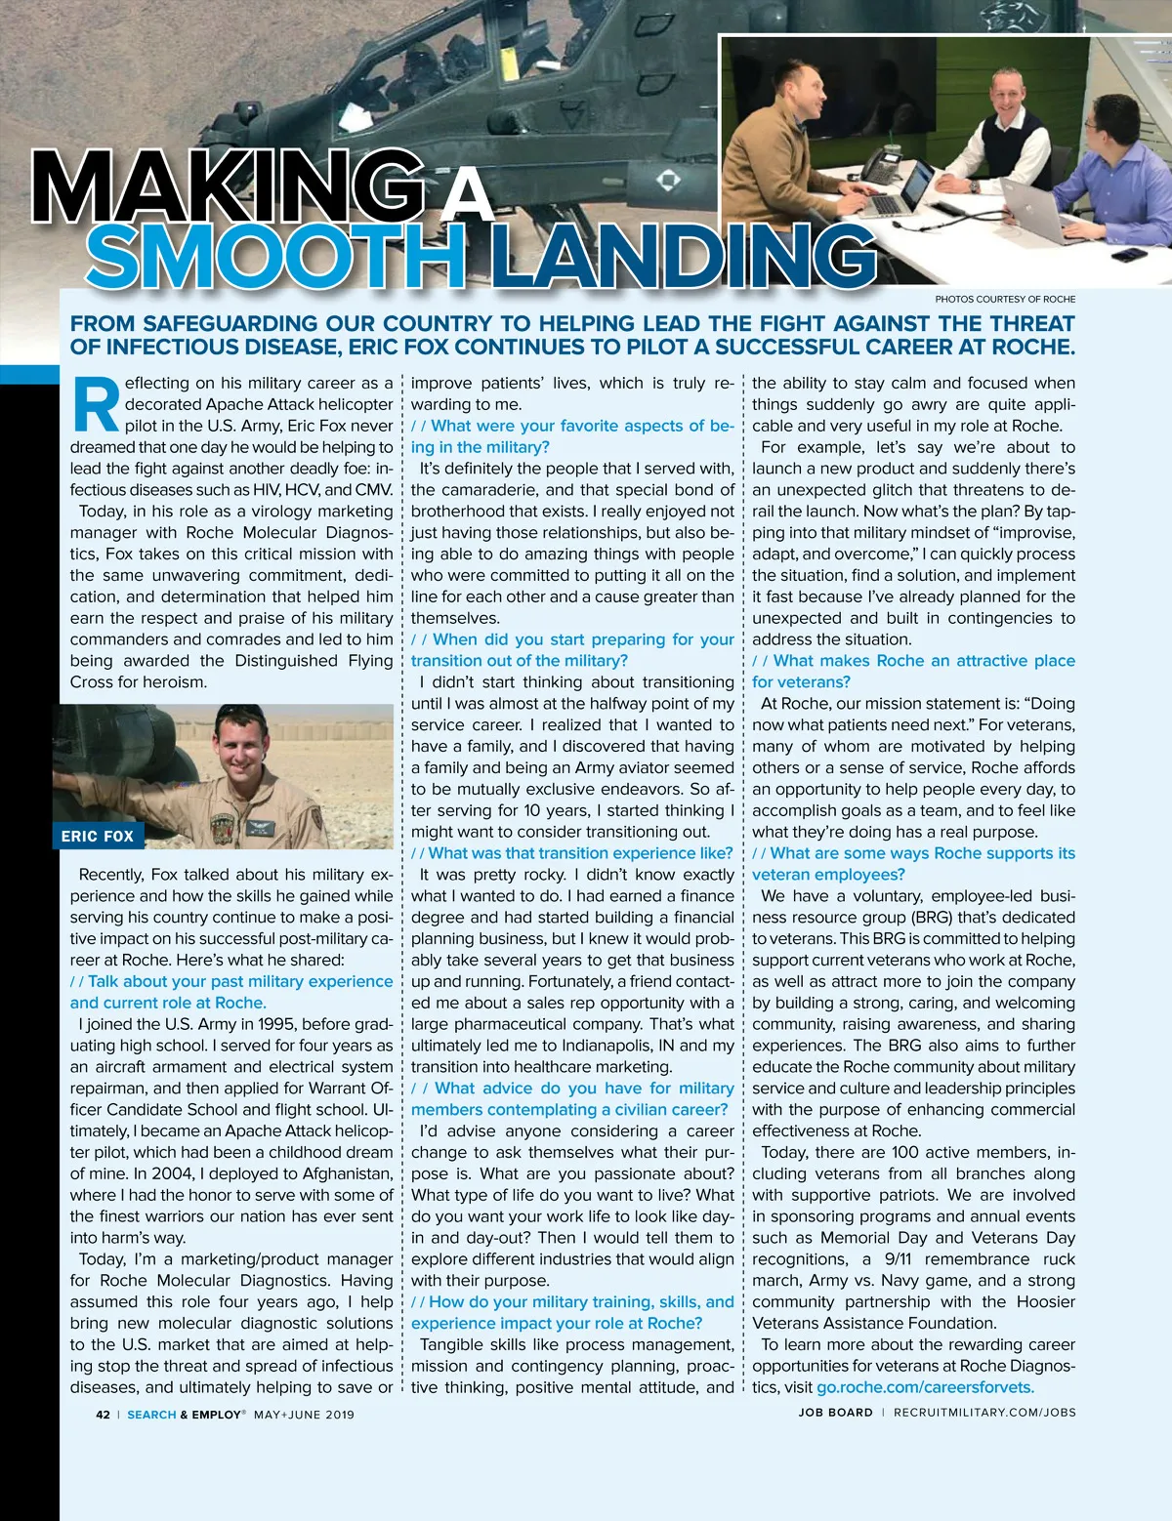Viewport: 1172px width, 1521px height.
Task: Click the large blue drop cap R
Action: click(96, 404)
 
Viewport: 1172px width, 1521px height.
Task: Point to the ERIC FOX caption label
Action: click(98, 836)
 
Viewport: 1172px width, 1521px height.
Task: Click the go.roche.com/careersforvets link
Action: click(925, 1387)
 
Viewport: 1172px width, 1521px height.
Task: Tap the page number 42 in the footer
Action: click(103, 1414)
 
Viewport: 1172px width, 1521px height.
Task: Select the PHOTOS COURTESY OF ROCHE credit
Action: click(1005, 299)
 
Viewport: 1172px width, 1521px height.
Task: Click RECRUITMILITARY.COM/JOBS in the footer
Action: click(984, 1413)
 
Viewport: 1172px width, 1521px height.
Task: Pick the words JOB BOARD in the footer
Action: click(835, 1413)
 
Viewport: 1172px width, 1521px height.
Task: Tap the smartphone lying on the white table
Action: click(1129, 255)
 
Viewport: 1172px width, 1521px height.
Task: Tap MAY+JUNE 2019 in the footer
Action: click(304, 1414)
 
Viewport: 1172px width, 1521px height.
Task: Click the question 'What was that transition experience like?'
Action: click(580, 853)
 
